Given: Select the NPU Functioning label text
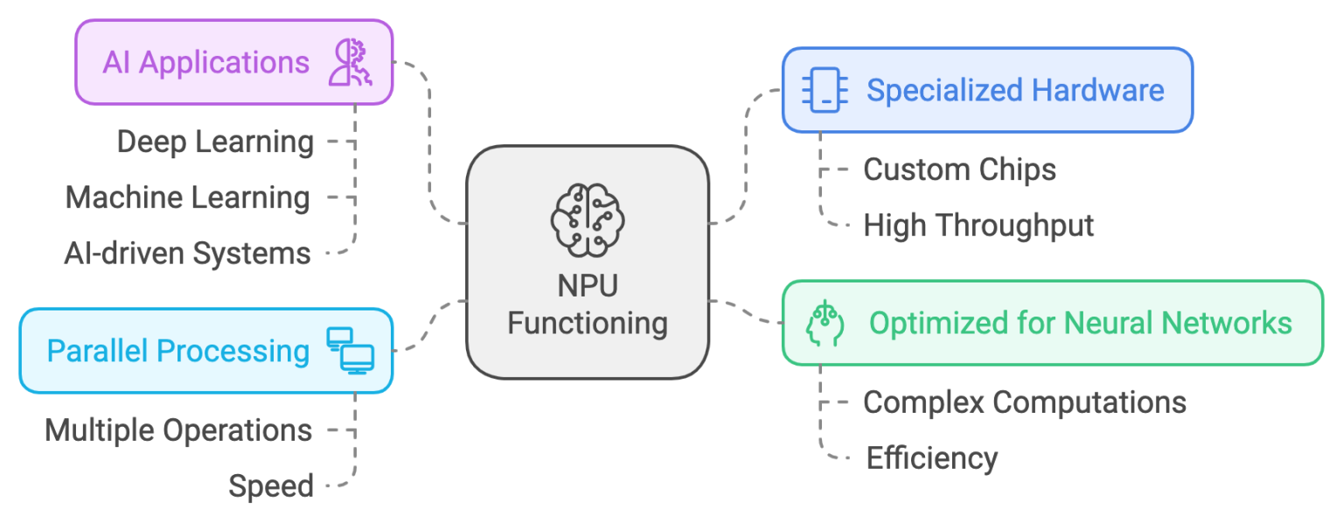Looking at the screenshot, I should click(x=587, y=305).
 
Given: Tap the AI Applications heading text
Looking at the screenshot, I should click(x=206, y=63).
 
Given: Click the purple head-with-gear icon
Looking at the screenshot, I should click(x=350, y=63).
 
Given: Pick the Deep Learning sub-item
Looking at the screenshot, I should click(x=215, y=142).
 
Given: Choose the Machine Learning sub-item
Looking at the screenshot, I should click(x=187, y=198).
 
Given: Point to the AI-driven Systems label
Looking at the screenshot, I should click(x=187, y=254).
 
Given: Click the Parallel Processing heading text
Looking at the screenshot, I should click(x=178, y=351).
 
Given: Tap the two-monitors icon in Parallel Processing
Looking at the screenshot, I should click(x=350, y=351).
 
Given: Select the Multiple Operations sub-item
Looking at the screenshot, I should click(x=178, y=430).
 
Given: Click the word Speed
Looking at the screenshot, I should click(x=271, y=486).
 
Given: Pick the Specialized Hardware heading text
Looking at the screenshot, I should click(x=1014, y=90).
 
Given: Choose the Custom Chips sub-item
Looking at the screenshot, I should click(x=959, y=170).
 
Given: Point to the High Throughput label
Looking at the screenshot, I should click(x=978, y=226).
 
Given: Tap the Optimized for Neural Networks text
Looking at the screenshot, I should click(x=1080, y=323).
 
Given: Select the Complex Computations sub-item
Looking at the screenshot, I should click(x=1024, y=402).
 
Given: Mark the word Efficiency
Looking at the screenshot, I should click(x=931, y=458).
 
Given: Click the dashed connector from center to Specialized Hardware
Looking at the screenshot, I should click(x=746, y=157).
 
